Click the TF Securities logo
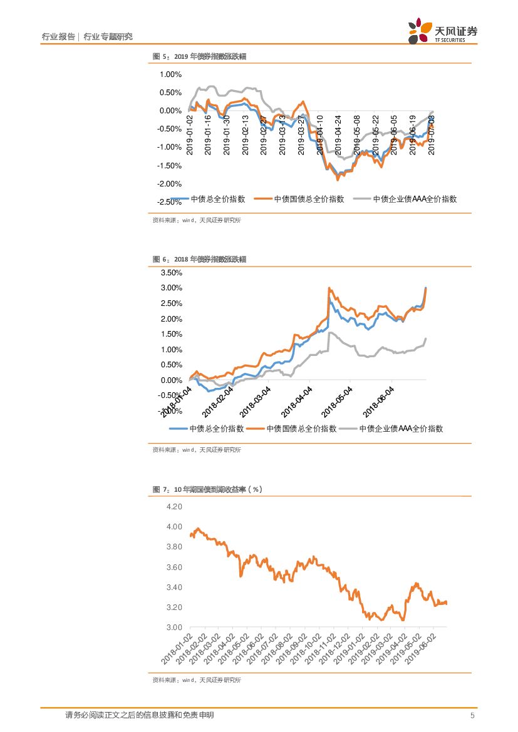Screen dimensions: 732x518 tap(442, 31)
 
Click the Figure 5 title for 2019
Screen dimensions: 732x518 tap(199, 56)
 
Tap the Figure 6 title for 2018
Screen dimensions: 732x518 tap(199, 259)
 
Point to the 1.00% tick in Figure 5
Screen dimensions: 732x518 tap(170, 74)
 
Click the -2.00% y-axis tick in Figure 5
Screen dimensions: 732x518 tap(169, 184)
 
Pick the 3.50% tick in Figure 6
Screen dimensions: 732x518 tap(171, 273)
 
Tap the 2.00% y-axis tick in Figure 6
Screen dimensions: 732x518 tap(171, 319)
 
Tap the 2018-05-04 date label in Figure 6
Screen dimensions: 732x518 tap(338, 400)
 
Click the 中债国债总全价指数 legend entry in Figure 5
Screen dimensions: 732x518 tap(299, 199)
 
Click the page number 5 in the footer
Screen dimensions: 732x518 tap(472, 715)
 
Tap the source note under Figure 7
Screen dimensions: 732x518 tap(197, 679)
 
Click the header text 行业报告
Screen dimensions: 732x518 tap(58, 37)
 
